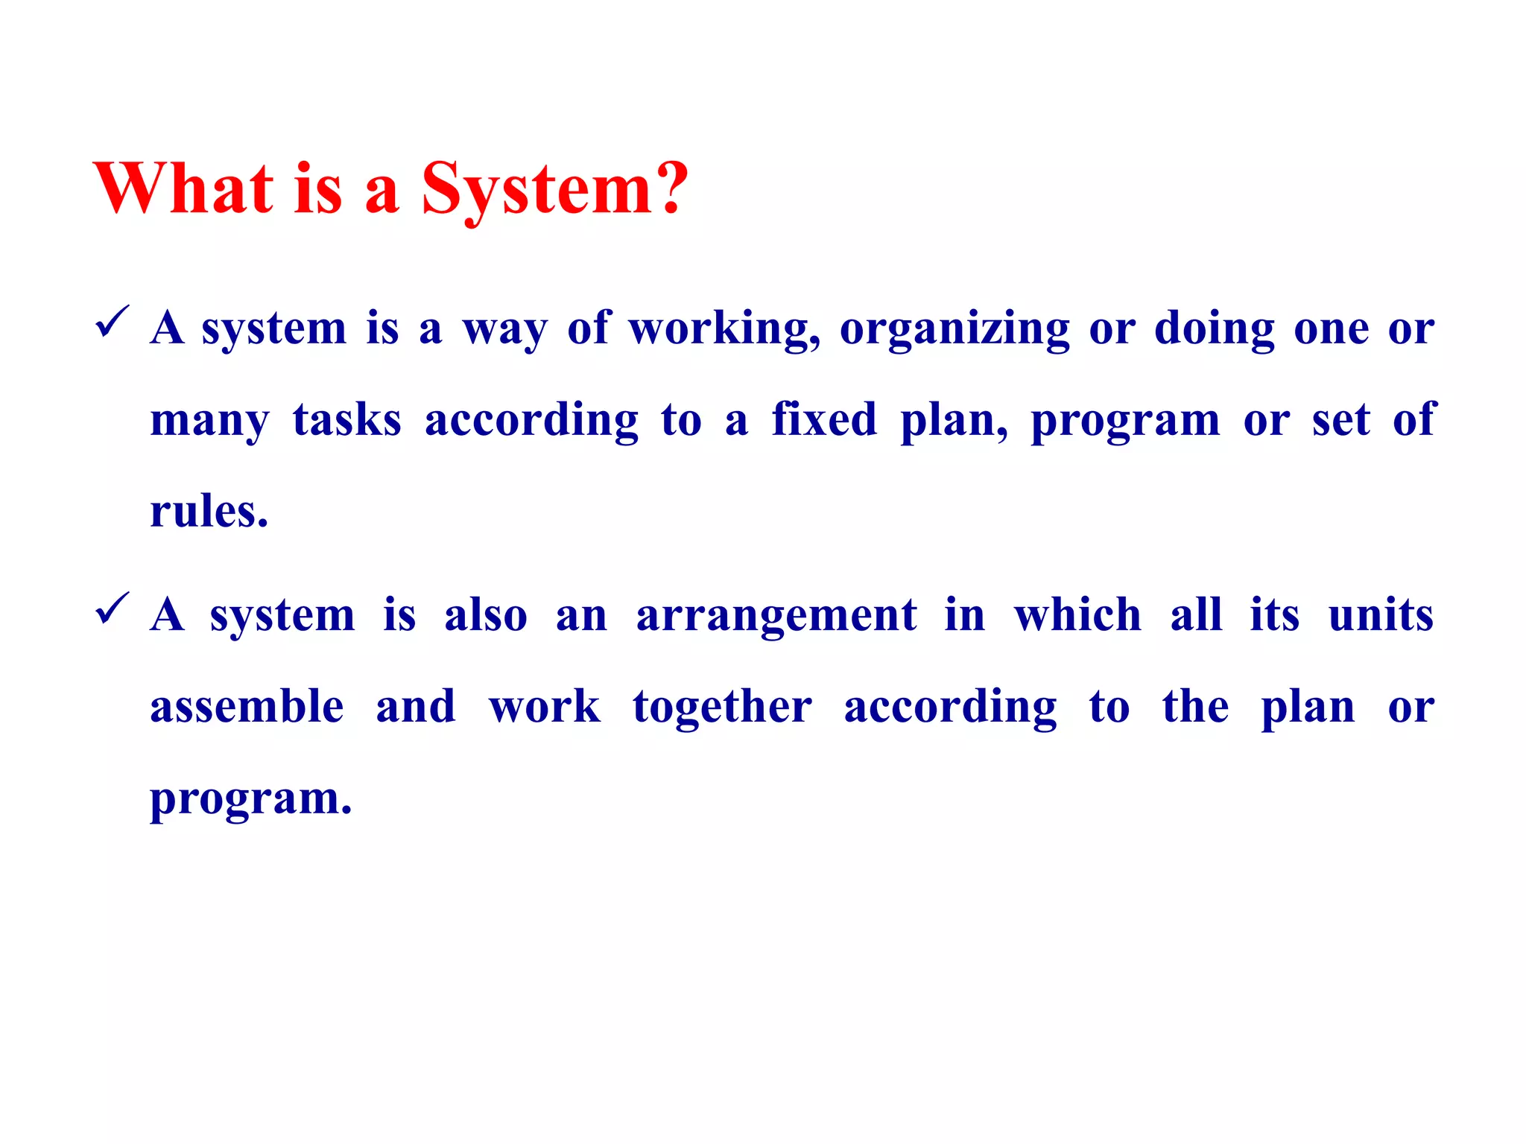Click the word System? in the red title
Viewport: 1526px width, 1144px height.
click(554, 189)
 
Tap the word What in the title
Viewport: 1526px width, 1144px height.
click(183, 189)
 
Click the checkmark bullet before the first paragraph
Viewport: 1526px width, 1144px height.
click(113, 322)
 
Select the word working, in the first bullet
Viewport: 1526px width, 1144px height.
click(724, 328)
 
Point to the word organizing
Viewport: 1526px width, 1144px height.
click(954, 328)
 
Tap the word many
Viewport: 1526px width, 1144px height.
click(209, 421)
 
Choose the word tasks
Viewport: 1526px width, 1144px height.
click(346, 420)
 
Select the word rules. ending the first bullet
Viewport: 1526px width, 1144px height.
click(209, 512)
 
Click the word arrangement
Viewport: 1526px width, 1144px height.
click(776, 616)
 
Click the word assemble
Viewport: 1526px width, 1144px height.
click(247, 707)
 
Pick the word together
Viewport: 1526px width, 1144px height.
click(722, 708)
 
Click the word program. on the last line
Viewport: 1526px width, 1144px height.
click(250, 799)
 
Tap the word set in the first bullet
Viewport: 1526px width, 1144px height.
click(1340, 420)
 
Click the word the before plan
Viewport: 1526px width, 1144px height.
click(1195, 707)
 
